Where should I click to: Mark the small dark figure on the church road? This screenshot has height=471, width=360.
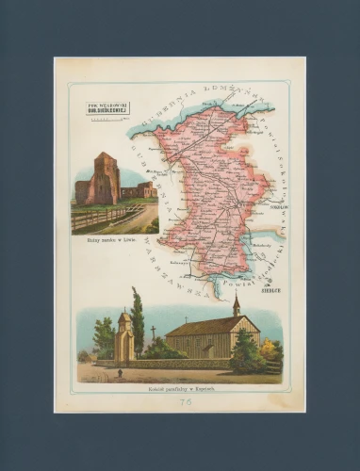pyautogui.click(x=119, y=374)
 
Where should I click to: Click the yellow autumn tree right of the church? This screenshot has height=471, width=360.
pyautogui.click(x=270, y=351)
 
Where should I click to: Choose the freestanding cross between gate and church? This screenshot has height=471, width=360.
pyautogui.click(x=153, y=334)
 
